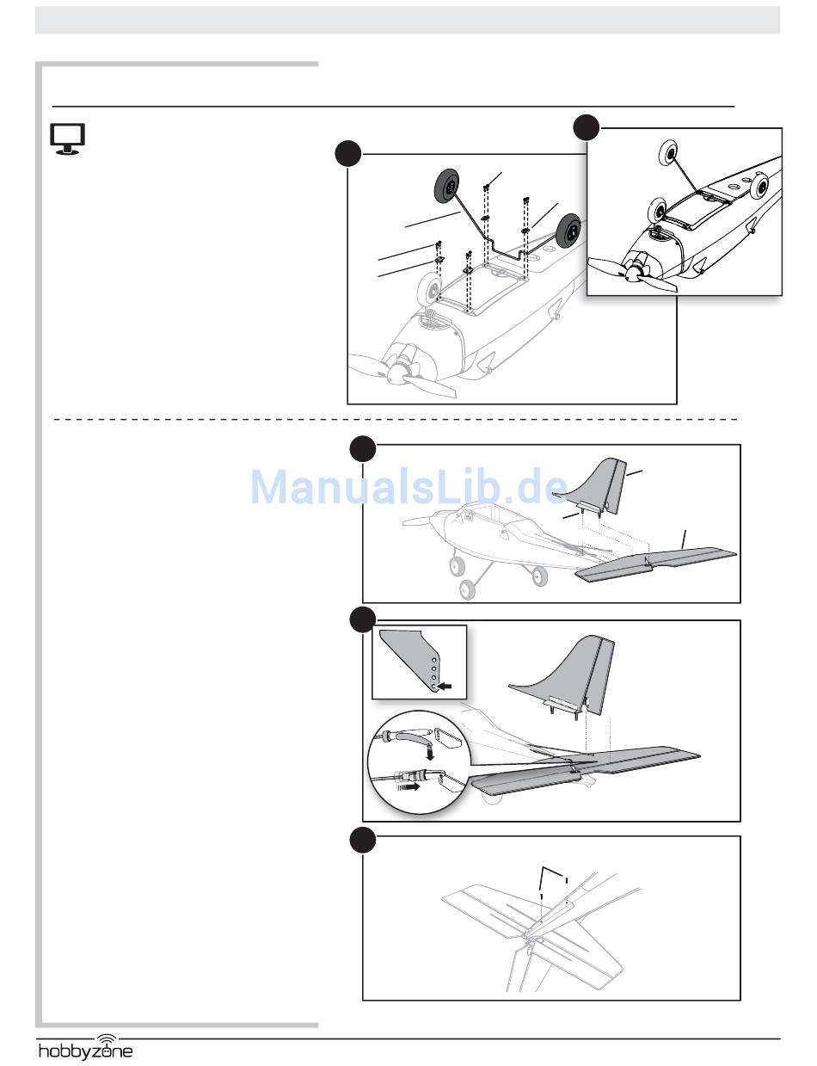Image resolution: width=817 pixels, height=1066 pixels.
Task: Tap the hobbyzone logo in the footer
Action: (x=85, y=1051)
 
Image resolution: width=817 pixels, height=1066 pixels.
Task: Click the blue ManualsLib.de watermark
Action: (x=409, y=488)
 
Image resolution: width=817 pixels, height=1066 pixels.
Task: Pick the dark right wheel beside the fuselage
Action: (x=568, y=231)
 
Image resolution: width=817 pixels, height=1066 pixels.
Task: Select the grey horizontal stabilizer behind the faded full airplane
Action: (x=658, y=564)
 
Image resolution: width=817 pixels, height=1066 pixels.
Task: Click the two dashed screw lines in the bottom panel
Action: (x=554, y=886)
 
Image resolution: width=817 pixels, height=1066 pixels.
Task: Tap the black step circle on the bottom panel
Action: (x=362, y=841)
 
